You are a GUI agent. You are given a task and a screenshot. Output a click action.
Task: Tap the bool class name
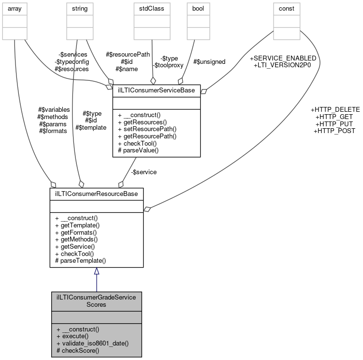coord(198,8)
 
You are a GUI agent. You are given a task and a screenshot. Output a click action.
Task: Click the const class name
coord(287,8)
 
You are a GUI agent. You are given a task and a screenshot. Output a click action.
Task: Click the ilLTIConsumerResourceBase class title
coord(96,194)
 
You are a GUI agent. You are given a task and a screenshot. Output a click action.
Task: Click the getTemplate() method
coord(77,225)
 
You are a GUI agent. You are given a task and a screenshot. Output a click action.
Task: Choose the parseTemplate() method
coord(81,260)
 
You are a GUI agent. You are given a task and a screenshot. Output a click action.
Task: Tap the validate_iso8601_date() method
coord(92,343)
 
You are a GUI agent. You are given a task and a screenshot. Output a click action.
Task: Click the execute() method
coord(72,336)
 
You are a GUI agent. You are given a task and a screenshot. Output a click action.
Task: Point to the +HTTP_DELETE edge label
coord(335,110)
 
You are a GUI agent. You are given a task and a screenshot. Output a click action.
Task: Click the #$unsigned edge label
coord(209,61)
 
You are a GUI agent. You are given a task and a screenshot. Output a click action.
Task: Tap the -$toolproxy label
coord(166,65)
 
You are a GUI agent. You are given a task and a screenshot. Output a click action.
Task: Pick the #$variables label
coord(54,110)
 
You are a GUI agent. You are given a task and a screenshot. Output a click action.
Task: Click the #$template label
coord(90,127)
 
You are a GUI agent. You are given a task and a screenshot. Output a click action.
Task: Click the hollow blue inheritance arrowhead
coord(96,271)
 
